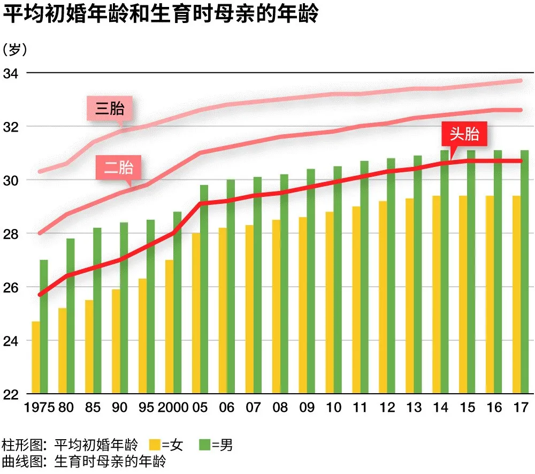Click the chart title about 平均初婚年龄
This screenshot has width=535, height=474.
(x=160, y=14)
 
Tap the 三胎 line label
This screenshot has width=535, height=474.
(x=110, y=109)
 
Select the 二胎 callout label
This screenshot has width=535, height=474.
(x=119, y=167)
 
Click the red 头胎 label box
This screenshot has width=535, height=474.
(x=464, y=134)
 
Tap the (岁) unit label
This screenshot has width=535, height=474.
(x=14, y=50)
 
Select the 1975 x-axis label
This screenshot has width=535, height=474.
(x=40, y=408)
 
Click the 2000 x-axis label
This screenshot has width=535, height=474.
(x=173, y=408)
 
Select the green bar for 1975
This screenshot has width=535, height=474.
(x=44, y=327)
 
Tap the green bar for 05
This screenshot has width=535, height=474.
(x=204, y=289)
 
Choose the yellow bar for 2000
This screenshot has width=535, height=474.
(x=169, y=327)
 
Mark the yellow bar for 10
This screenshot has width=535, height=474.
(x=330, y=303)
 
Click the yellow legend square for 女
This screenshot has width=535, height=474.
(x=155, y=445)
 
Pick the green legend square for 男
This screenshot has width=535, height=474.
(x=204, y=445)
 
